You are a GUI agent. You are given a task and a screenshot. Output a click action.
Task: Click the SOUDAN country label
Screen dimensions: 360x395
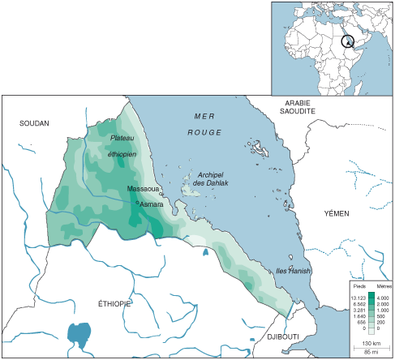coord(34,123)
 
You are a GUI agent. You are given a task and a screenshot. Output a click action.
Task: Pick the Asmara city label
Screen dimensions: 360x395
coord(152,205)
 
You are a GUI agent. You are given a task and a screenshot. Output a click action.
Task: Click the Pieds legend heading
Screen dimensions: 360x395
coord(359,287)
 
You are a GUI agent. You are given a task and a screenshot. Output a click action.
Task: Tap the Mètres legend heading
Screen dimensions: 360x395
coord(379,287)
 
